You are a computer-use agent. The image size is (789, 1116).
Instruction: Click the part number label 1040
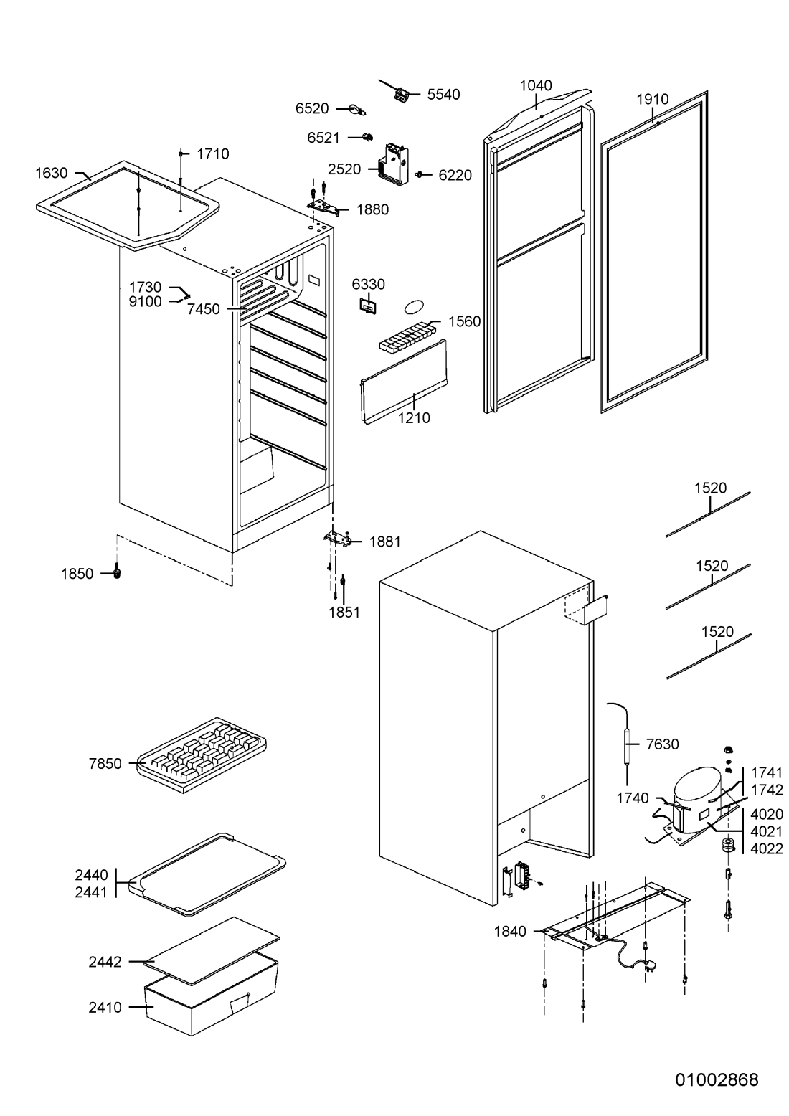pyautogui.click(x=536, y=86)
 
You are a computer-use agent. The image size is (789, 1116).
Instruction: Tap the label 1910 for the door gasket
pyautogui.click(x=652, y=100)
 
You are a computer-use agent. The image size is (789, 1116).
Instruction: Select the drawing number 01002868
pyautogui.click(x=717, y=1079)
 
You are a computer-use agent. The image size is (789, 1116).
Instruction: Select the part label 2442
pyautogui.click(x=105, y=962)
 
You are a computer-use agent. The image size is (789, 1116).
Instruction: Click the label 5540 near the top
pyautogui.click(x=443, y=94)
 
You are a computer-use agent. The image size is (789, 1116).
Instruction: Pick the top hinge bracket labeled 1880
pyautogui.click(x=323, y=206)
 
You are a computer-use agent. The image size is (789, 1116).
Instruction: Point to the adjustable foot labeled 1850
pyautogui.click(x=118, y=572)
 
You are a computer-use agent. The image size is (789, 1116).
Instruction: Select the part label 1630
pyautogui.click(x=51, y=173)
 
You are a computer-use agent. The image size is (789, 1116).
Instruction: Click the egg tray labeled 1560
pyautogui.click(x=406, y=336)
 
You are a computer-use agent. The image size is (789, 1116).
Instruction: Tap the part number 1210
pyautogui.click(x=414, y=417)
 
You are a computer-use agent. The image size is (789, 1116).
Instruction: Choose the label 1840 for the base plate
pyautogui.click(x=509, y=932)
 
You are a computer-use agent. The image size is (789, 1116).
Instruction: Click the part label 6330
pyautogui.click(x=368, y=284)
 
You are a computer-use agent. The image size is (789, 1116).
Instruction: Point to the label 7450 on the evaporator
pyautogui.click(x=203, y=309)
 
